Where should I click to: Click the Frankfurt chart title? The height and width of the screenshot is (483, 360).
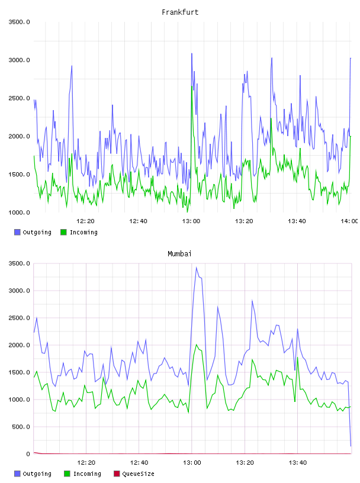180,12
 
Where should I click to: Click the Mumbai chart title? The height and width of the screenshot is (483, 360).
179,254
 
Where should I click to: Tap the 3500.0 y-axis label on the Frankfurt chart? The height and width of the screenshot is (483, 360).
19,22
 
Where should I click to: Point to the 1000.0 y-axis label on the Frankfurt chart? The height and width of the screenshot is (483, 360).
19,212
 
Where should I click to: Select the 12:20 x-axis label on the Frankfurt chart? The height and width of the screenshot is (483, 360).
85,221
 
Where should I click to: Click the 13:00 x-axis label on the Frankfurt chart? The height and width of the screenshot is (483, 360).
191,221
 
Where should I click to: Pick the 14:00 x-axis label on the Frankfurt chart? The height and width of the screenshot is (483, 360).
349,221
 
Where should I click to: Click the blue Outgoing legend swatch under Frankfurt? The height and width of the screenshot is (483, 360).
17,232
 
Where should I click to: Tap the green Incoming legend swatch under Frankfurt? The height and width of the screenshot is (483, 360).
63,232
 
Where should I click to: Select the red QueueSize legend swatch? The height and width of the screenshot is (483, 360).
117,474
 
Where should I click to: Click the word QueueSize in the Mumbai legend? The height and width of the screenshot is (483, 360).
138,474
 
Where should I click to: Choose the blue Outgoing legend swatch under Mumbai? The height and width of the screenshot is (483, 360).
17,474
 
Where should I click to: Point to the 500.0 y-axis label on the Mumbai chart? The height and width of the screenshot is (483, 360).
21,427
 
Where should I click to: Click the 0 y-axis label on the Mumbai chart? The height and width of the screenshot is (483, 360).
28,454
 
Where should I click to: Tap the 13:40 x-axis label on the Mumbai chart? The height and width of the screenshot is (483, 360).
297,462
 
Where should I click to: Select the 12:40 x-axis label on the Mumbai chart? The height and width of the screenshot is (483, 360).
139,462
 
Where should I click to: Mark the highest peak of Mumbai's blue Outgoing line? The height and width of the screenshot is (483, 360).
197,268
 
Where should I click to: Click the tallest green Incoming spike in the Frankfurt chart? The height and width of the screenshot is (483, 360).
192,86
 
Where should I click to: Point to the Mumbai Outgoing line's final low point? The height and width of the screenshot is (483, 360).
351,446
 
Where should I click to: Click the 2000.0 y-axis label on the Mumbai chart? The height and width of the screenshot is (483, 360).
19,345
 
